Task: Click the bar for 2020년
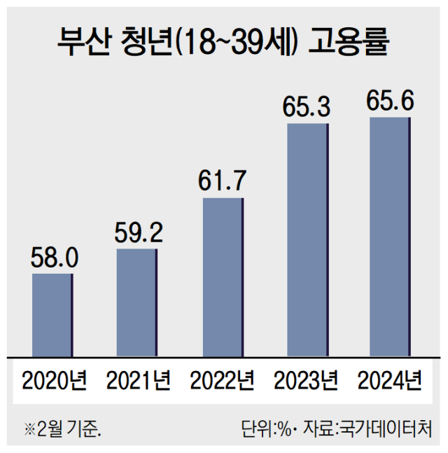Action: pyautogui.click(x=52, y=314)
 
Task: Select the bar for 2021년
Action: pyautogui.click(x=137, y=302)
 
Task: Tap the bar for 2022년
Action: pyautogui.click(x=223, y=277)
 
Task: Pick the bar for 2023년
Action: pyautogui.click(x=307, y=239)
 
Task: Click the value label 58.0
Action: pyautogui.click(x=53, y=258)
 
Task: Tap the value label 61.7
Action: pyautogui.click(x=223, y=181)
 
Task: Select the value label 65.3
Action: pyautogui.click(x=307, y=107)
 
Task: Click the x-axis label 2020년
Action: pyautogui.click(x=54, y=381)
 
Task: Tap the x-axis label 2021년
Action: pyautogui.click(x=138, y=381)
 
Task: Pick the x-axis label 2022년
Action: pyautogui.click(x=222, y=381)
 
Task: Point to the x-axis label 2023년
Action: pyautogui.click(x=306, y=381)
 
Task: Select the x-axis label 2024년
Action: pyautogui.click(x=390, y=381)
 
